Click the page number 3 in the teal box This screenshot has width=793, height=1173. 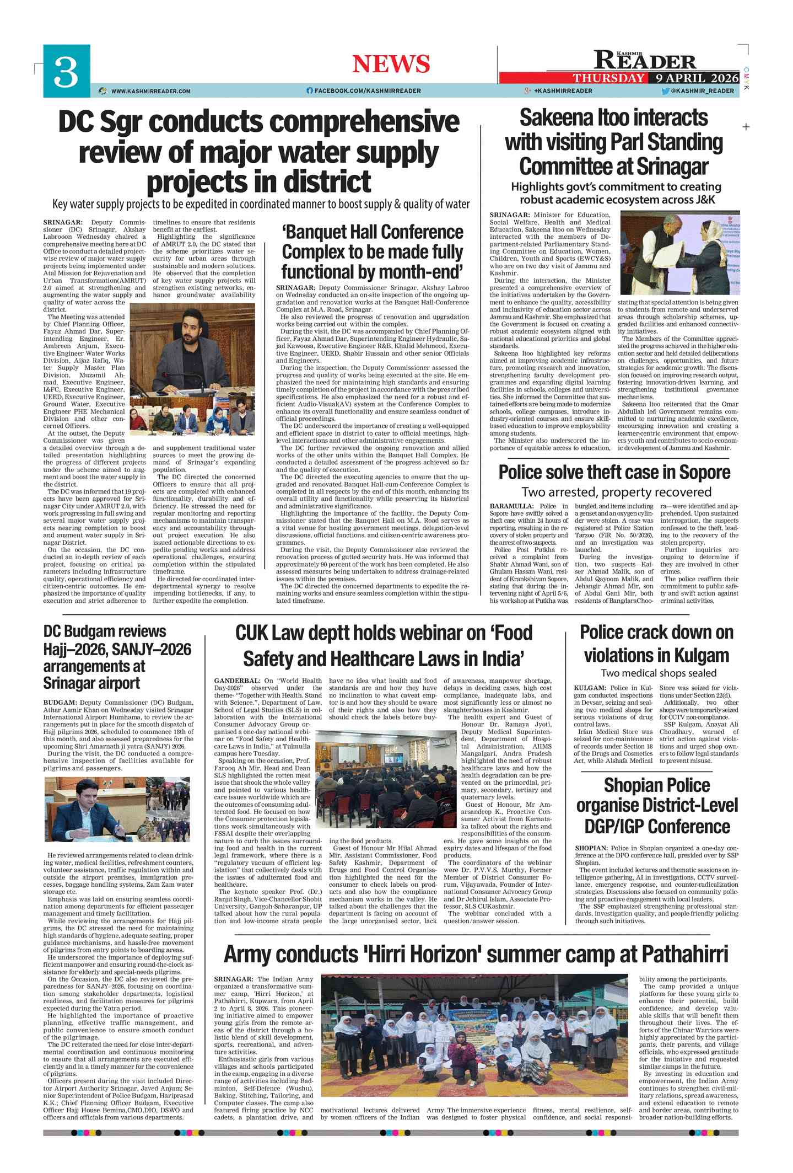[x=66, y=72]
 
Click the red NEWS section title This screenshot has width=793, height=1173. [x=391, y=64]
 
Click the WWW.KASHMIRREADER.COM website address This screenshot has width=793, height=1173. [x=150, y=91]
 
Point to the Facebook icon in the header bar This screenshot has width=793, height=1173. [x=310, y=91]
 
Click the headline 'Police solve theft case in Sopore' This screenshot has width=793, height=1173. [x=614, y=473]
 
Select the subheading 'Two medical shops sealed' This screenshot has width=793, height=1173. [x=658, y=673]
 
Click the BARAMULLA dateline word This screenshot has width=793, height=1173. [x=504, y=506]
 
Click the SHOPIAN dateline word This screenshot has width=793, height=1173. [x=591, y=848]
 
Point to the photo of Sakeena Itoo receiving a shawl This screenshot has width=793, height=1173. [x=679, y=253]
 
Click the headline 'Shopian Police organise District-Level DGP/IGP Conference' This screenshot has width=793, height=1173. [x=657, y=805]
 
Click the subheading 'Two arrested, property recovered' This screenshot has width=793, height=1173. [x=616, y=492]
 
